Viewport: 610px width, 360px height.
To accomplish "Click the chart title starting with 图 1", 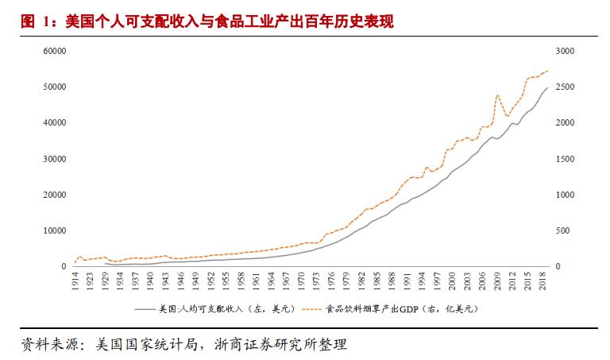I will pyautogui.click(x=207, y=21).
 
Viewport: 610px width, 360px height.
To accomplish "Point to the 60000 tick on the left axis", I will pyautogui.click(x=54, y=51).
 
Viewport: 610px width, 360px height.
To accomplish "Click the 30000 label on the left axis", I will pyautogui.click(x=54, y=159).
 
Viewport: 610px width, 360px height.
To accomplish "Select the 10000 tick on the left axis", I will pyautogui.click(x=54, y=230).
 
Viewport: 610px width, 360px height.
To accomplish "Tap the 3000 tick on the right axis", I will pyautogui.click(x=565, y=51).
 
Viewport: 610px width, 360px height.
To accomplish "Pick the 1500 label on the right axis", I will pyautogui.click(x=565, y=159).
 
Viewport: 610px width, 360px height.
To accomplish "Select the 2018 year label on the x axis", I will pyautogui.click(x=542, y=282).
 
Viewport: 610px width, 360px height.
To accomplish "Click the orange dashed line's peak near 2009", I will pyautogui.click(x=497, y=95).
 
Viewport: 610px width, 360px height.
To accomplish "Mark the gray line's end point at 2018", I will pyautogui.click(x=548, y=87).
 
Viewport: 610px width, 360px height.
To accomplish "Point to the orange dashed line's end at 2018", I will pyautogui.click(x=548, y=71).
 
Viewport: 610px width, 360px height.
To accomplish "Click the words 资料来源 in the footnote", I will pyautogui.click(x=48, y=345).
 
